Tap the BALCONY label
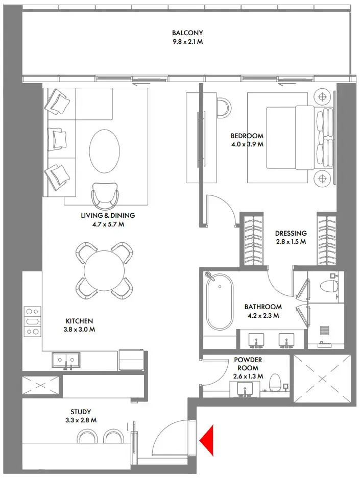point(187,33)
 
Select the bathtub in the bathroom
point(219,302)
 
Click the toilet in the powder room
point(275,383)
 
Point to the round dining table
point(104,270)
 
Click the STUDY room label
point(81,412)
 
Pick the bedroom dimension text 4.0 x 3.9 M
point(247,144)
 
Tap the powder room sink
point(247,390)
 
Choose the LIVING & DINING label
point(108,216)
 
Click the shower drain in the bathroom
point(324,331)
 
